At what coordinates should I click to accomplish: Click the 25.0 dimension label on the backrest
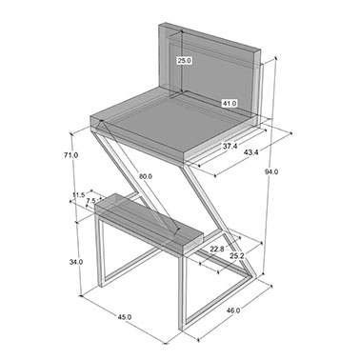click(x=184, y=60)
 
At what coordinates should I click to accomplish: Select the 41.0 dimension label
click(x=230, y=103)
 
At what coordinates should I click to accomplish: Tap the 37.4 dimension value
click(x=230, y=147)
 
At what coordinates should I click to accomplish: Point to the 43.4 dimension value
click(x=251, y=152)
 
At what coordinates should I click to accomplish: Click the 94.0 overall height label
click(x=271, y=171)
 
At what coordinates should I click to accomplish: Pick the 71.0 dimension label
click(x=70, y=155)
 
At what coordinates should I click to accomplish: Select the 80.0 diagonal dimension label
click(x=145, y=176)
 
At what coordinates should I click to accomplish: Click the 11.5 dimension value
click(x=78, y=194)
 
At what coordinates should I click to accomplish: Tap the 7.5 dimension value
click(x=90, y=201)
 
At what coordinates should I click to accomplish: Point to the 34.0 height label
click(x=76, y=262)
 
